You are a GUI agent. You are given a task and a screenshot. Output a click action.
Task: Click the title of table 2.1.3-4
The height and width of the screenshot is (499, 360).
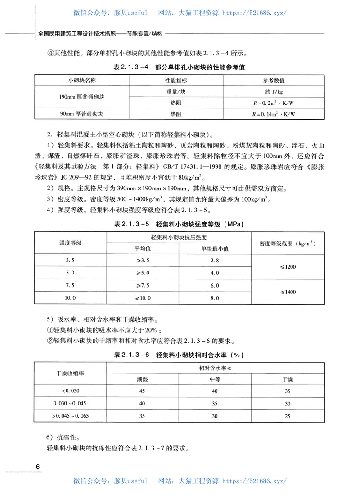click(180, 67)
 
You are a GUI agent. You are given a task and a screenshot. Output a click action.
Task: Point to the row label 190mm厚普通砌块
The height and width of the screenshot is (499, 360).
click(81, 97)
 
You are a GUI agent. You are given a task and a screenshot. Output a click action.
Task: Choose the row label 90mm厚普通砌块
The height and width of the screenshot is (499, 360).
click(81, 114)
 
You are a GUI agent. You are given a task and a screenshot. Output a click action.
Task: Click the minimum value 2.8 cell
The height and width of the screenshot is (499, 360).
click(214, 261)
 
